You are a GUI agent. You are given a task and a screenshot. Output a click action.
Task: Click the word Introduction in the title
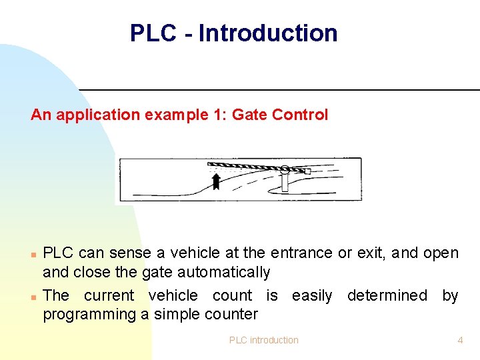pos(268,33)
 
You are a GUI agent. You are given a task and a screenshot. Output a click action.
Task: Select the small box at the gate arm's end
pos(307,171)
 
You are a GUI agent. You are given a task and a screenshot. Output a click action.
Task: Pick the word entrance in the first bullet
pos(301,253)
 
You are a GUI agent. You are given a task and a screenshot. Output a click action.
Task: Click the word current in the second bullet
pos(109,295)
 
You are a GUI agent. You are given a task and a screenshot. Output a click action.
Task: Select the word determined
pos(387,295)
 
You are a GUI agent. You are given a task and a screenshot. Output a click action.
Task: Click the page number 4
pos(460,340)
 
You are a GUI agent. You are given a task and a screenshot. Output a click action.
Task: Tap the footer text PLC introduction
pos(264,340)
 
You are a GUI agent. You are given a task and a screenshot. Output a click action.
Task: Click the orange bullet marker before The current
pos(33,295)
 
